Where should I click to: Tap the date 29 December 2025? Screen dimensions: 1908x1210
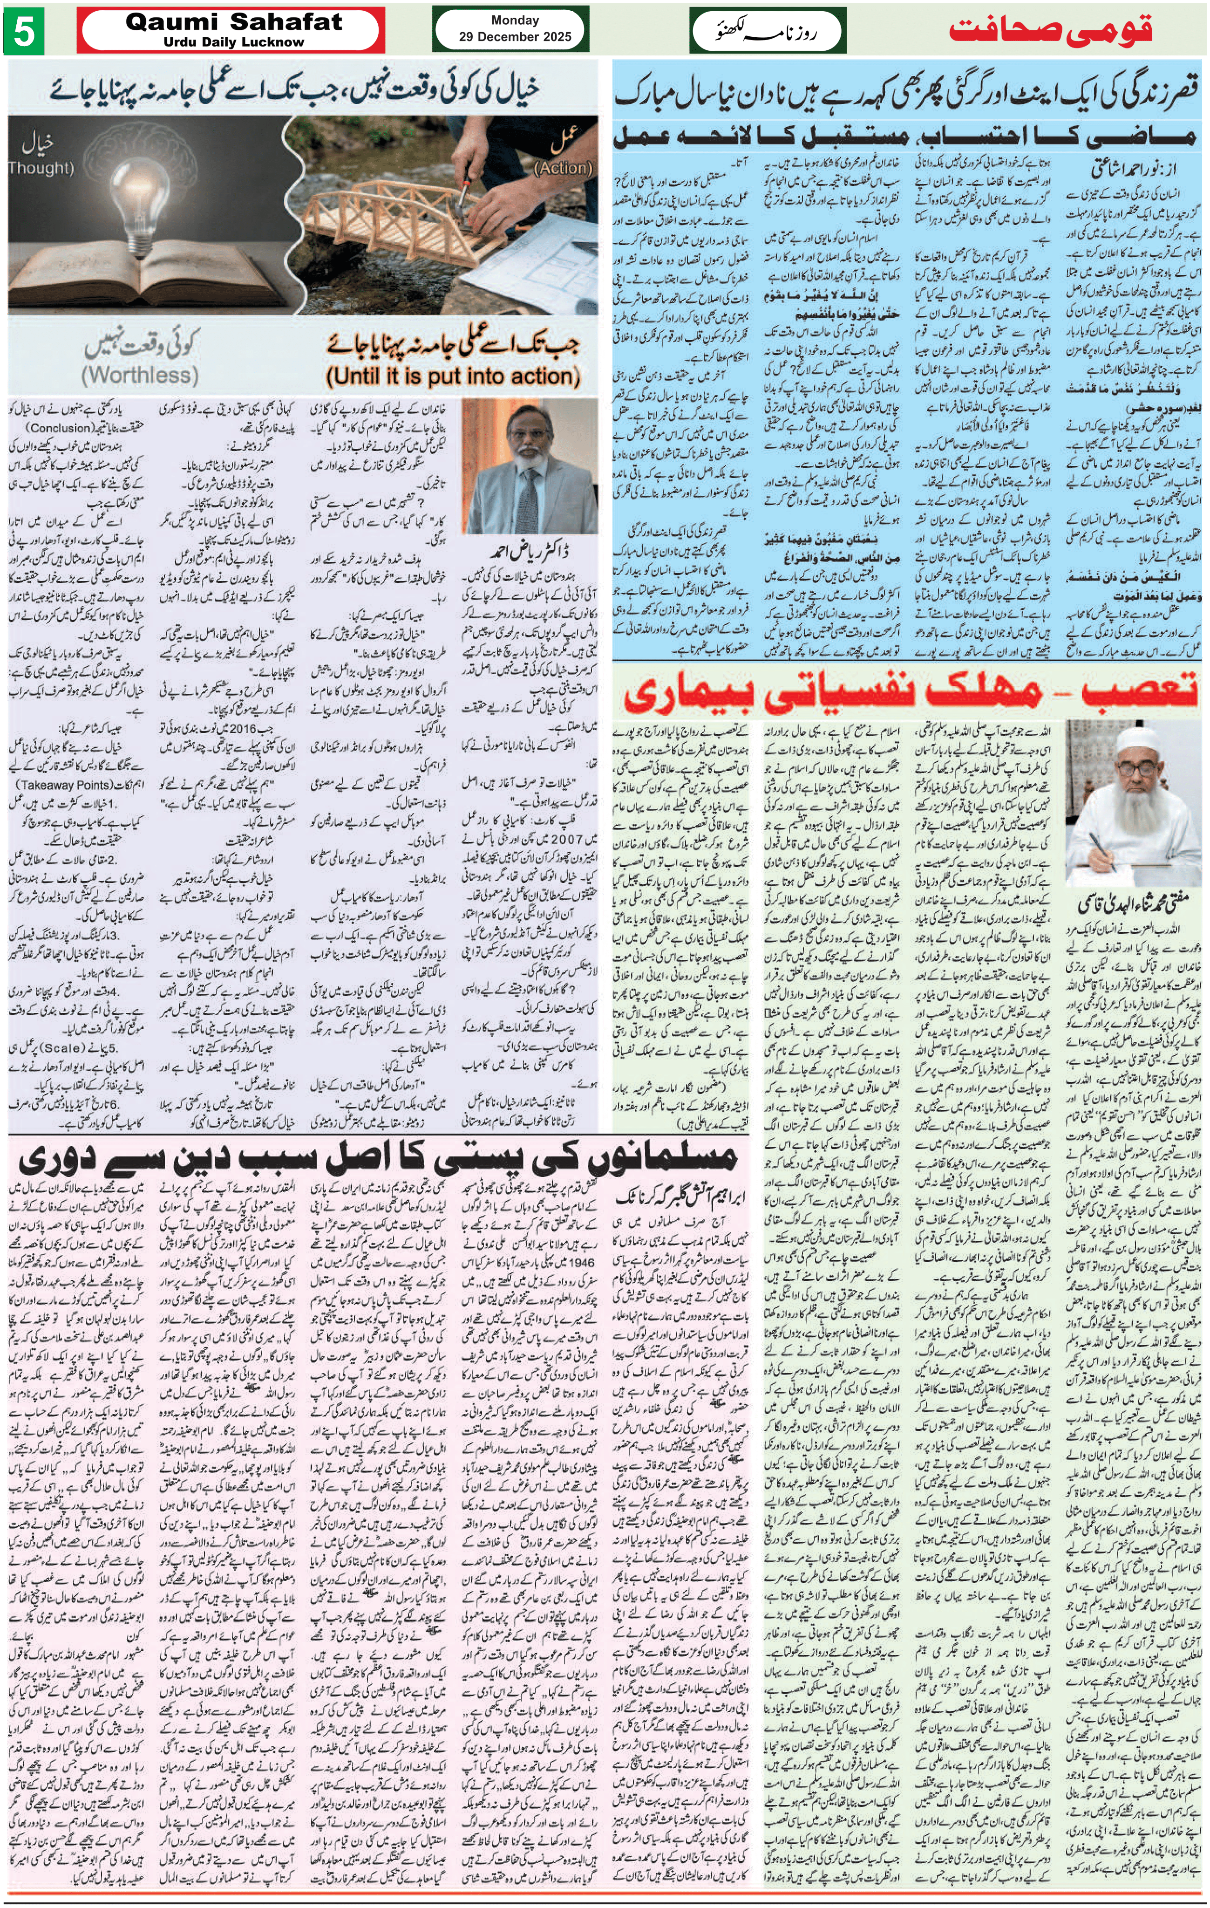click(x=515, y=36)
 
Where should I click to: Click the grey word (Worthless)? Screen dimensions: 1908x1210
click(x=139, y=375)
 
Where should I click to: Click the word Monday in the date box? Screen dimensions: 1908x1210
click(x=515, y=20)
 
